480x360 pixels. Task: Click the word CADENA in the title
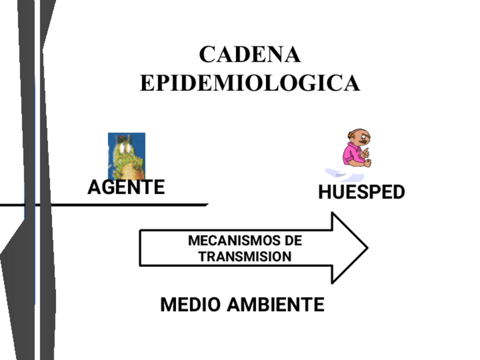pyautogui.click(x=250, y=55)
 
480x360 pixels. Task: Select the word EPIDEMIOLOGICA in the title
pyautogui.click(x=250, y=83)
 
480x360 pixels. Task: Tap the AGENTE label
pyautogui.click(x=126, y=187)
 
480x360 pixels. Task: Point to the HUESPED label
pyautogui.click(x=362, y=192)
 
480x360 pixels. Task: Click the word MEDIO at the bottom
pyautogui.click(x=191, y=305)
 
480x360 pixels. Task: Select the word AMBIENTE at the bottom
pyautogui.click(x=276, y=305)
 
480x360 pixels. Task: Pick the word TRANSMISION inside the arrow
pyautogui.click(x=245, y=256)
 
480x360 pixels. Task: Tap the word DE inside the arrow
pyautogui.click(x=294, y=241)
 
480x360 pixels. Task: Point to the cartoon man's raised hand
pyautogui.click(x=366, y=152)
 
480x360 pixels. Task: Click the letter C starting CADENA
pyautogui.click(x=207, y=55)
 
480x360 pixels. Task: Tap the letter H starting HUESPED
pyautogui.click(x=324, y=192)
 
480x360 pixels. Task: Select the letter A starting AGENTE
pyautogui.click(x=94, y=187)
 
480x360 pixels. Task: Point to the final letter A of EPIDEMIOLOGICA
pyautogui.click(x=351, y=83)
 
